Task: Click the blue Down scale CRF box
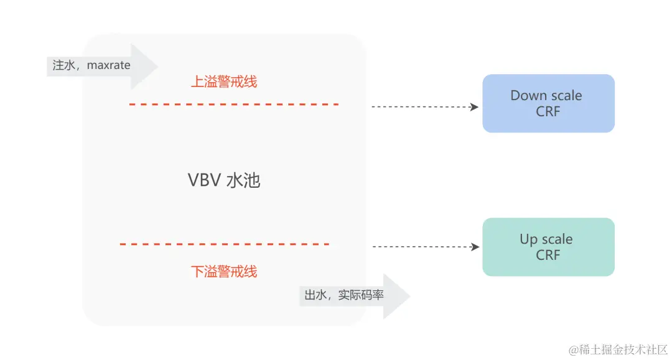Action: pyautogui.click(x=548, y=103)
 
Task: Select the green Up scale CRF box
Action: pyautogui.click(x=548, y=247)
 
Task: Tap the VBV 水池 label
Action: pyautogui.click(x=223, y=180)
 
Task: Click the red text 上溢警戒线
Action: pyautogui.click(x=223, y=81)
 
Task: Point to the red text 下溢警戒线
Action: pyautogui.click(x=223, y=272)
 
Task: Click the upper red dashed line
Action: pyautogui.click(x=233, y=104)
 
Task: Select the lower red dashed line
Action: pyautogui.click(x=224, y=244)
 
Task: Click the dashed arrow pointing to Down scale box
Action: pyautogui.click(x=424, y=107)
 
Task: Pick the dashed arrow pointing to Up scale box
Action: pyautogui.click(x=425, y=247)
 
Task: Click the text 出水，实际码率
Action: pyautogui.click(x=344, y=296)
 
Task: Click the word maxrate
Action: pyautogui.click(x=109, y=65)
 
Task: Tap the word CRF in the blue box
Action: pyautogui.click(x=548, y=112)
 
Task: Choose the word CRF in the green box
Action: pyautogui.click(x=548, y=256)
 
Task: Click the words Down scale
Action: pyautogui.click(x=546, y=96)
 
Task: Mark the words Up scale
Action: pyautogui.click(x=546, y=239)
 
